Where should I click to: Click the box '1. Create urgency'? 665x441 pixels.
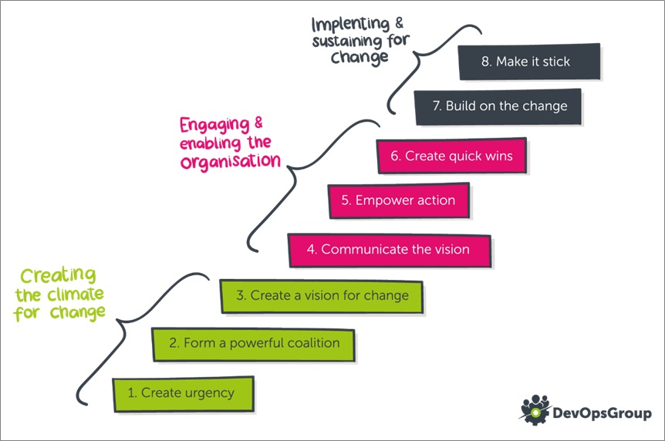pyautogui.click(x=183, y=394)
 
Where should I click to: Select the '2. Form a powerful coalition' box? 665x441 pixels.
pyautogui.click(x=254, y=345)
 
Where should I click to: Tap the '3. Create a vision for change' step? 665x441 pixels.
pyautogui.click(x=322, y=296)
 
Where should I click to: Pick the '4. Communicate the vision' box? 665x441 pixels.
pyautogui.click(x=390, y=250)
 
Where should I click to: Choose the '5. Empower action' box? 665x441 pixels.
pyautogui.click(x=399, y=200)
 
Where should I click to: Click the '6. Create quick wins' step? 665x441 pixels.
pyautogui.click(x=451, y=156)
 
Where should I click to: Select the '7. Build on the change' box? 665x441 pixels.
pyautogui.click(x=498, y=106)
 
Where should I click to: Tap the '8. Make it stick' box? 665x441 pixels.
pyautogui.click(x=529, y=62)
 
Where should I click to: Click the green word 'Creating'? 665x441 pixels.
pyautogui.click(x=59, y=275)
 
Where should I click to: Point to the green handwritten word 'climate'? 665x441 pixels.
pyautogui.click(x=75, y=295)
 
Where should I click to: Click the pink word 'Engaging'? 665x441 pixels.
pyautogui.click(x=214, y=125)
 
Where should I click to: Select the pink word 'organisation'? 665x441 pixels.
pyautogui.click(x=231, y=161)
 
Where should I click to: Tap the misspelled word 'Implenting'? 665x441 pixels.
pyautogui.click(x=350, y=24)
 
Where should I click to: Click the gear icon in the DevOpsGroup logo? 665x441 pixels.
pyautogui.click(x=535, y=410)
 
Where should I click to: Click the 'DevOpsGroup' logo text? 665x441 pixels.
pyautogui.click(x=602, y=412)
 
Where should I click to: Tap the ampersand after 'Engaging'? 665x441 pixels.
pyautogui.click(x=258, y=123)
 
